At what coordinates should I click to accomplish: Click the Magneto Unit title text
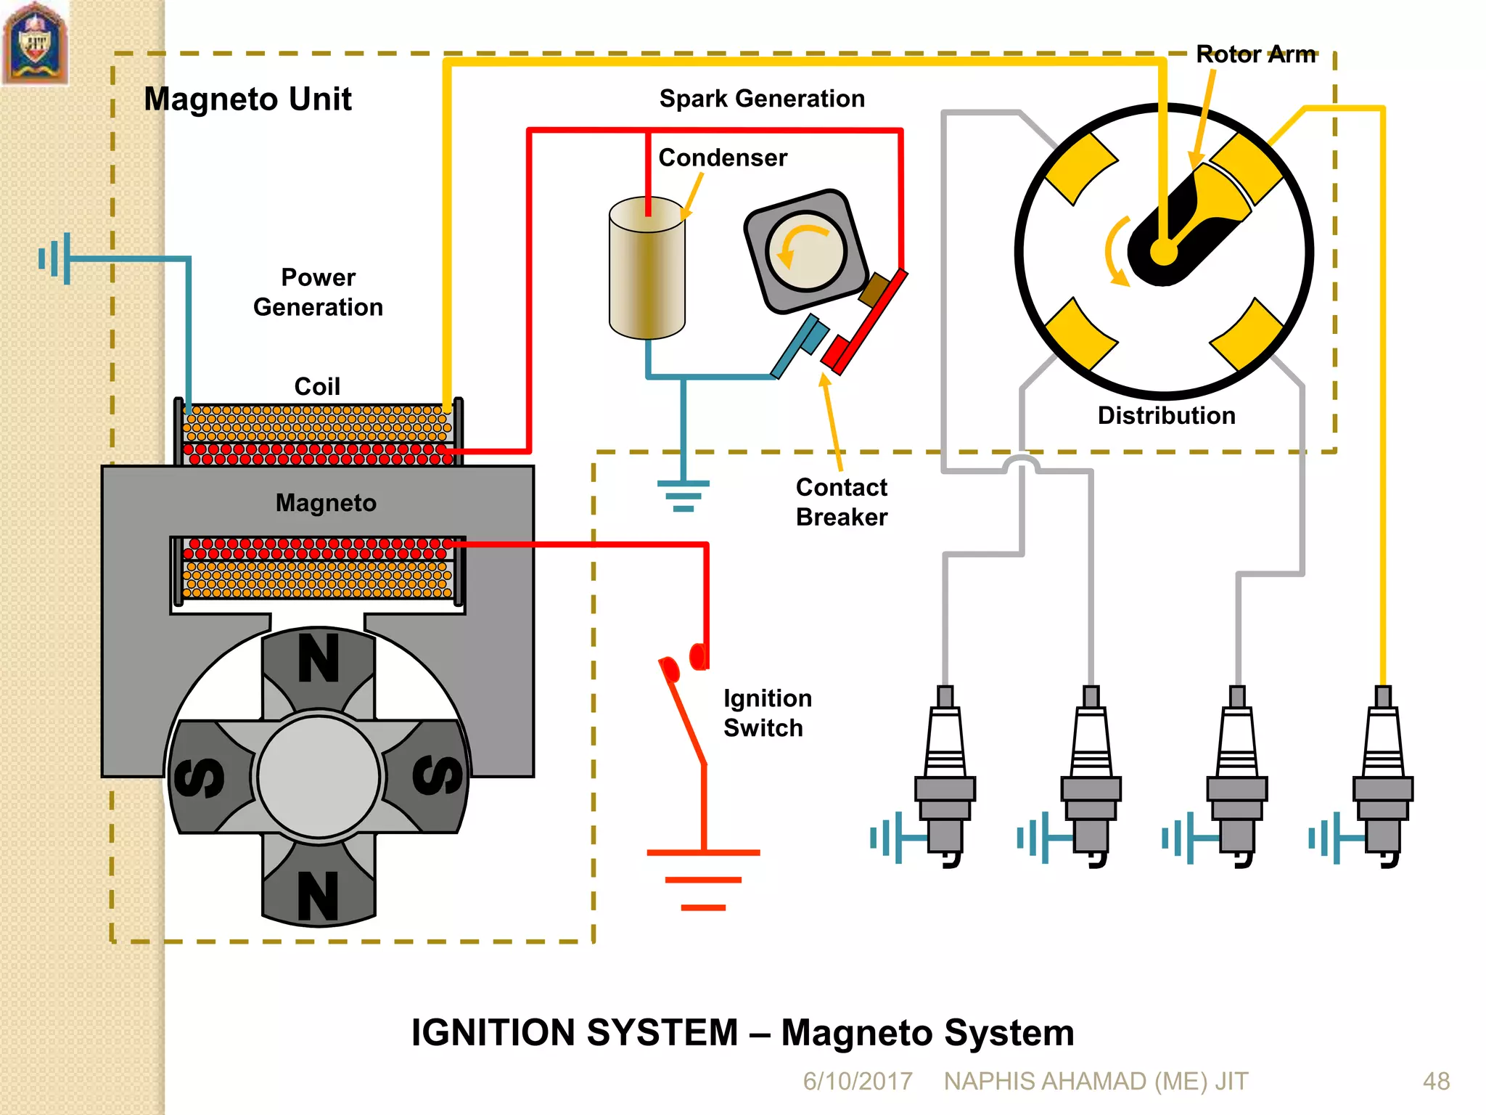pos(247,99)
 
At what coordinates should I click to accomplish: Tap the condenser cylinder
pos(646,276)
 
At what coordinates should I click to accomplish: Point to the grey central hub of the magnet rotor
pos(319,775)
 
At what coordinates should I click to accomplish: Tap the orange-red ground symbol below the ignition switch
pos(703,879)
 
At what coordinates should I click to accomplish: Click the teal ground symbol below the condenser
pos(683,496)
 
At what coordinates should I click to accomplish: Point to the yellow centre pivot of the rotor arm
pos(1163,253)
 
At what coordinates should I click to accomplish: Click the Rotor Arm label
pos(1255,54)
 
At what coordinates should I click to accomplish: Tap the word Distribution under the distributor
pos(1166,415)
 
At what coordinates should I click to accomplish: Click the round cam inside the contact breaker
pos(806,251)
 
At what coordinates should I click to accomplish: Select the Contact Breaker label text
pos(841,502)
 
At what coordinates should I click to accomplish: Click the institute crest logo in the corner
pos(35,44)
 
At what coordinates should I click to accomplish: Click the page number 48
pos(1436,1081)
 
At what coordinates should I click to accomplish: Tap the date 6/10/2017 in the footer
pos(857,1081)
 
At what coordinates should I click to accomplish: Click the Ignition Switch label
pos(767,713)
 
